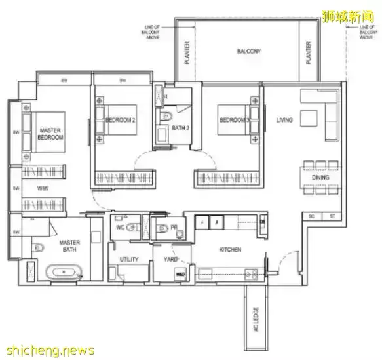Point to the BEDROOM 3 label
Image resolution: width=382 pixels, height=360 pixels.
pos(234,120)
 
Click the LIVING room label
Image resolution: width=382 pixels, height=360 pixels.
pos(284,120)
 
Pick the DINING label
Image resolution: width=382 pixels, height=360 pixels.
pos(320,178)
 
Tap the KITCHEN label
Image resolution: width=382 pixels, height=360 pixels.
pos(231,250)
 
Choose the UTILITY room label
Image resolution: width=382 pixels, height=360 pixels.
pos(129,260)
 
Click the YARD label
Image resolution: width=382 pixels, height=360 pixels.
pos(170,260)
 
